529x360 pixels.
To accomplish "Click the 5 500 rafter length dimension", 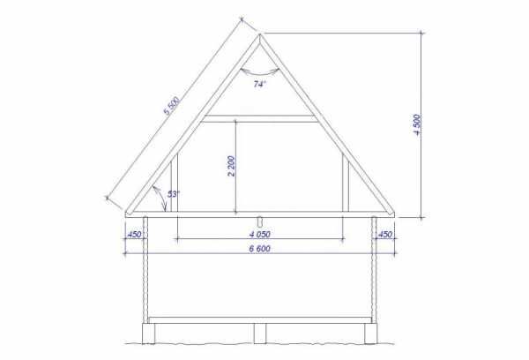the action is click(x=172, y=106).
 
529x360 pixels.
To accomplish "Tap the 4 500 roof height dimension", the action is click(x=417, y=125).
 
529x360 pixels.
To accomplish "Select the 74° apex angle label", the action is click(x=259, y=84).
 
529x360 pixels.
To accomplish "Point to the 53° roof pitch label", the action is click(x=174, y=194).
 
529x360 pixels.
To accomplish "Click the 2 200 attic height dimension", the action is click(x=231, y=166).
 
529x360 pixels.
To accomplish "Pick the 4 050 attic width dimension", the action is click(x=260, y=234).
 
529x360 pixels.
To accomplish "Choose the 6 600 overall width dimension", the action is click(x=260, y=249).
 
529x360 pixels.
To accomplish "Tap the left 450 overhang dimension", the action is click(x=134, y=234).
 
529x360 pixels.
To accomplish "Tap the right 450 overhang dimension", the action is click(x=385, y=234).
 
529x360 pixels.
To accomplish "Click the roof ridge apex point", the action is click(x=259, y=34).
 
